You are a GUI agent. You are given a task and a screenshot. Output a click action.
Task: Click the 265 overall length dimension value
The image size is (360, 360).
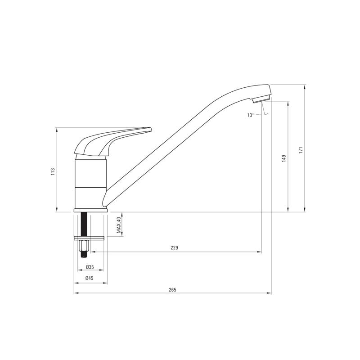[172, 289]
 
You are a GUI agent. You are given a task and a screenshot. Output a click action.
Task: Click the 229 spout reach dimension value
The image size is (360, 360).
[175, 247]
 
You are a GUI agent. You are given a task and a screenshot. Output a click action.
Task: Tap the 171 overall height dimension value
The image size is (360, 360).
[300, 150]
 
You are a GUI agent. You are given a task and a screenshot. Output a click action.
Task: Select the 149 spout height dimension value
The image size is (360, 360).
[283, 158]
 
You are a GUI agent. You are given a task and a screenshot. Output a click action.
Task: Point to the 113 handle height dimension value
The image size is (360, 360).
[53, 171]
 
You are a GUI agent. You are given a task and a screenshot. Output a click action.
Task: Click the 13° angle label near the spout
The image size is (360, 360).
[251, 115]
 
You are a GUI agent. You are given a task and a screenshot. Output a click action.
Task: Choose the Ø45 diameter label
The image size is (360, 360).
[90, 279]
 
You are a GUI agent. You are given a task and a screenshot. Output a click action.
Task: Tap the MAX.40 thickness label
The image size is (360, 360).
[119, 225]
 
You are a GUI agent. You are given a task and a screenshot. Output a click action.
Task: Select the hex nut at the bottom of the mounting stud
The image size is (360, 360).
[83, 247]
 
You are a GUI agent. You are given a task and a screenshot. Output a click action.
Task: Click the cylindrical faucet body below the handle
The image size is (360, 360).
[90, 182]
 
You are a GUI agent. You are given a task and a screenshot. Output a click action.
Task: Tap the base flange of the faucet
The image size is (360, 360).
[90, 210]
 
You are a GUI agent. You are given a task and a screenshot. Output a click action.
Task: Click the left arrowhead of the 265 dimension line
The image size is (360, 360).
[75, 293]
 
